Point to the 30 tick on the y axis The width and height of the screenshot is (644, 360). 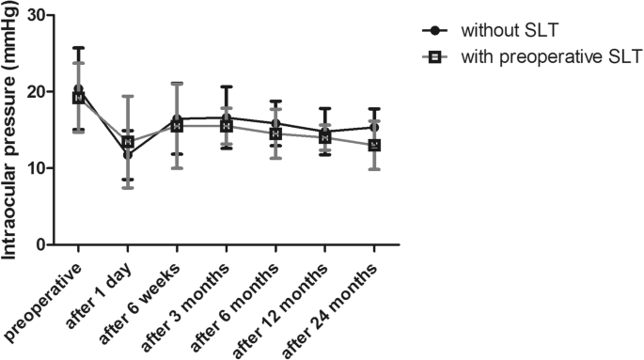tap(40, 16)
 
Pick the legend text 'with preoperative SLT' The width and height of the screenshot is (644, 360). tap(550, 57)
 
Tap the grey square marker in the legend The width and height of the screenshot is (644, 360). tap(435, 57)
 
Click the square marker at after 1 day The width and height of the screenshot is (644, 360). tap(128, 142)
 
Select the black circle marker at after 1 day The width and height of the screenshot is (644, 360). tap(128, 155)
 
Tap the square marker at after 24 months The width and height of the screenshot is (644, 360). tap(374, 146)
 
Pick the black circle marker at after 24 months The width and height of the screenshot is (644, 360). tap(374, 128)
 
